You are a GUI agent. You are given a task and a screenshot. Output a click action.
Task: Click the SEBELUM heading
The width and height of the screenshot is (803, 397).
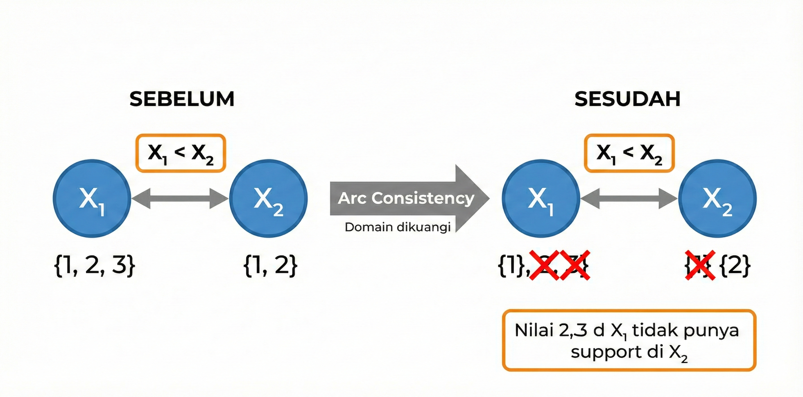[x=182, y=99]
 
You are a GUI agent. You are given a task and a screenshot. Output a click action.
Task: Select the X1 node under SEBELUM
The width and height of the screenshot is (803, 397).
[x=92, y=198]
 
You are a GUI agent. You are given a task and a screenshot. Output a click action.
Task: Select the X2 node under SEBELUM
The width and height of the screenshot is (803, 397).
[x=268, y=198]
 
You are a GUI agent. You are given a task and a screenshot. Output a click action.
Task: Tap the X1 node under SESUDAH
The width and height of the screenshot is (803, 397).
[x=541, y=198]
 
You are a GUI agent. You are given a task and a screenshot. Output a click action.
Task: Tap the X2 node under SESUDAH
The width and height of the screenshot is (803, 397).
[x=718, y=198]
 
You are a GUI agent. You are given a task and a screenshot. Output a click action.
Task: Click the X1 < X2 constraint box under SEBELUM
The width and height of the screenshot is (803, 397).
[x=181, y=153]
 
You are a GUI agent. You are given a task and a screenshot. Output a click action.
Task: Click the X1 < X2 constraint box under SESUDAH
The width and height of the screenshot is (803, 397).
[x=629, y=153]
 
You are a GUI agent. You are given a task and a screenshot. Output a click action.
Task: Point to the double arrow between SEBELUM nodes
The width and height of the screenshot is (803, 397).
[x=180, y=198]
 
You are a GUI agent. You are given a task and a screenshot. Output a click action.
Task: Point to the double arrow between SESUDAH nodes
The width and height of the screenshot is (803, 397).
[x=629, y=198]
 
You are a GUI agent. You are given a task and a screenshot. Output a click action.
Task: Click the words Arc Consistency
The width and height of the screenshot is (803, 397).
[x=406, y=198]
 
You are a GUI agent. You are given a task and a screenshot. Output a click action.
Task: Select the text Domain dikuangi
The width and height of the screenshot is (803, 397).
[x=398, y=227]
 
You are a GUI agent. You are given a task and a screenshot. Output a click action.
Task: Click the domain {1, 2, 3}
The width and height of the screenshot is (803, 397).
[x=95, y=265]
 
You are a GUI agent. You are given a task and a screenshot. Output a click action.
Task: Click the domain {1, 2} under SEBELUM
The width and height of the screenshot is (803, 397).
[x=270, y=265]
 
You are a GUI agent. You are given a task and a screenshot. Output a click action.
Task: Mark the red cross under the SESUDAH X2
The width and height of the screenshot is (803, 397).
[x=700, y=265]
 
